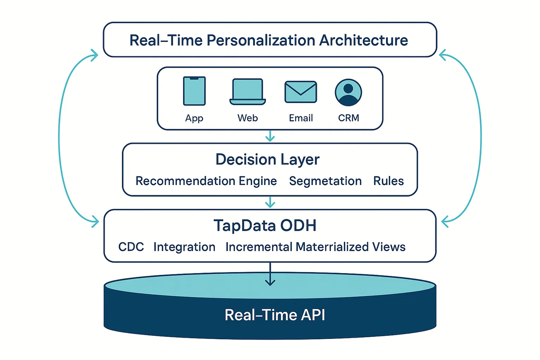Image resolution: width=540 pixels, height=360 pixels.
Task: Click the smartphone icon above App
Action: [194, 91]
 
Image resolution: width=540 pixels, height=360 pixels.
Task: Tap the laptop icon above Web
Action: [248, 92]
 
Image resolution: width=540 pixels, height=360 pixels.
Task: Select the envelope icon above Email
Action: [301, 92]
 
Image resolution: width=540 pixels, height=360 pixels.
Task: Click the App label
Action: [194, 118]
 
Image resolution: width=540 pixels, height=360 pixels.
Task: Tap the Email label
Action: [301, 118]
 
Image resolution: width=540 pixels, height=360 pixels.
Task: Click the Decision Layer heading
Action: [267, 160]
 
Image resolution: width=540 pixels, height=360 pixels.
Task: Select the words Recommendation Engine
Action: [206, 181]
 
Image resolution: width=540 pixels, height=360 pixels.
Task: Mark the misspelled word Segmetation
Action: [325, 181]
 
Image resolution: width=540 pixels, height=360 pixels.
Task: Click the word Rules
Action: [389, 181]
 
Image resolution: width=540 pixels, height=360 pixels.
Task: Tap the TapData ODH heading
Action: [265, 226]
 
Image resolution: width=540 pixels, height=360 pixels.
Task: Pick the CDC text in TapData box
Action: [131, 247]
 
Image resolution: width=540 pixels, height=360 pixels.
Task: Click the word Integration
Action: [184, 247]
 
